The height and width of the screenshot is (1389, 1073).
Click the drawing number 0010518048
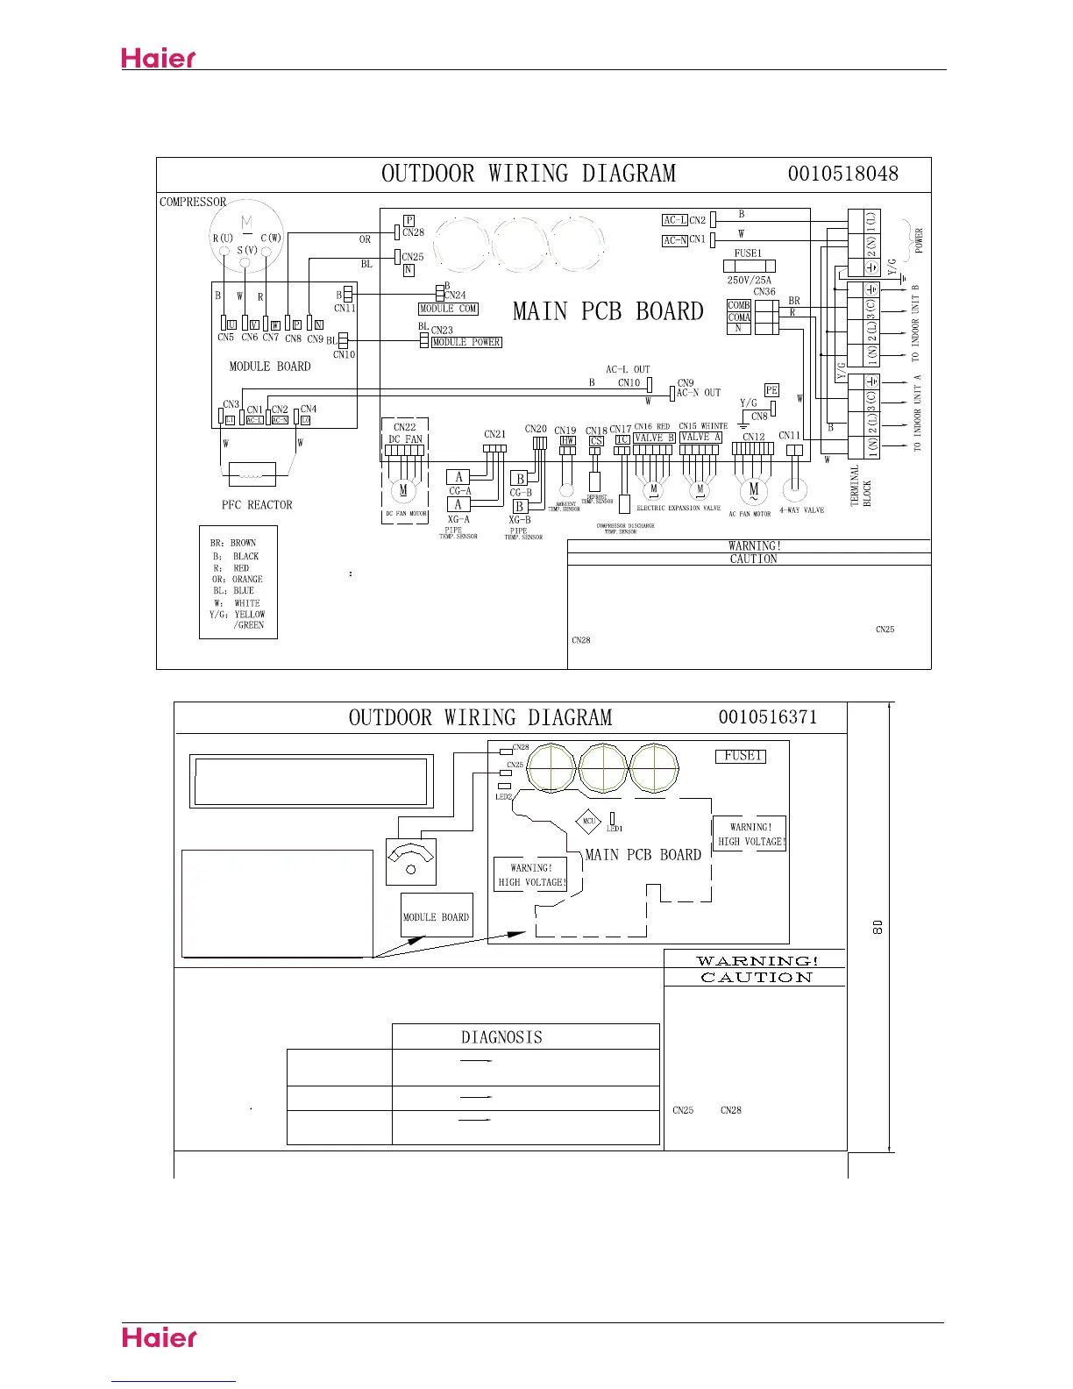pyautogui.click(x=842, y=173)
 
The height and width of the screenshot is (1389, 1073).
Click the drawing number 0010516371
pyautogui.click(x=768, y=717)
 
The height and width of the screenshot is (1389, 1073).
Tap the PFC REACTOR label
pyautogui.click(x=257, y=505)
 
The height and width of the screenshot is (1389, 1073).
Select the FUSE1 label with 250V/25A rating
pyautogui.click(x=748, y=253)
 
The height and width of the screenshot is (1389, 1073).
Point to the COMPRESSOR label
pyautogui.click(x=193, y=202)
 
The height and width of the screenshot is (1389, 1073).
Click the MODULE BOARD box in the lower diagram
pyautogui.click(x=437, y=916)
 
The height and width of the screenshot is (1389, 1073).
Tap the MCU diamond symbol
pyautogui.click(x=589, y=822)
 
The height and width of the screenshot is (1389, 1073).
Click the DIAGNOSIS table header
pyautogui.click(x=501, y=1037)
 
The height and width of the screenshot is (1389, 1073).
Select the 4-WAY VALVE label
pyautogui.click(x=802, y=510)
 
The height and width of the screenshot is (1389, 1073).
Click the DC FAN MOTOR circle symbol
pyautogui.click(x=403, y=490)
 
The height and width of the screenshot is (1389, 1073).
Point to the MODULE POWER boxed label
pyautogui.click(x=466, y=342)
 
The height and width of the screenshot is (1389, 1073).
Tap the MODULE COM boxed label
pyautogui.click(x=449, y=309)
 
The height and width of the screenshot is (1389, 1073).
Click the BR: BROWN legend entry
pyautogui.click(x=233, y=543)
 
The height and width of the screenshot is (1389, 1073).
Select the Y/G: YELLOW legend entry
pyautogui.click(x=236, y=615)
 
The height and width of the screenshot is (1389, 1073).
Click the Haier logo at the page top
pyautogui.click(x=159, y=59)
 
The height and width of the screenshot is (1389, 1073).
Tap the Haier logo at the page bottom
pyautogui.click(x=160, y=1338)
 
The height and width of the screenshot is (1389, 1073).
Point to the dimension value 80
pyautogui.click(x=876, y=926)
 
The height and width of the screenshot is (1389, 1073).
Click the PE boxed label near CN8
pyautogui.click(x=771, y=390)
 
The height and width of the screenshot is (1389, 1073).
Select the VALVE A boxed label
pyautogui.click(x=700, y=438)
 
